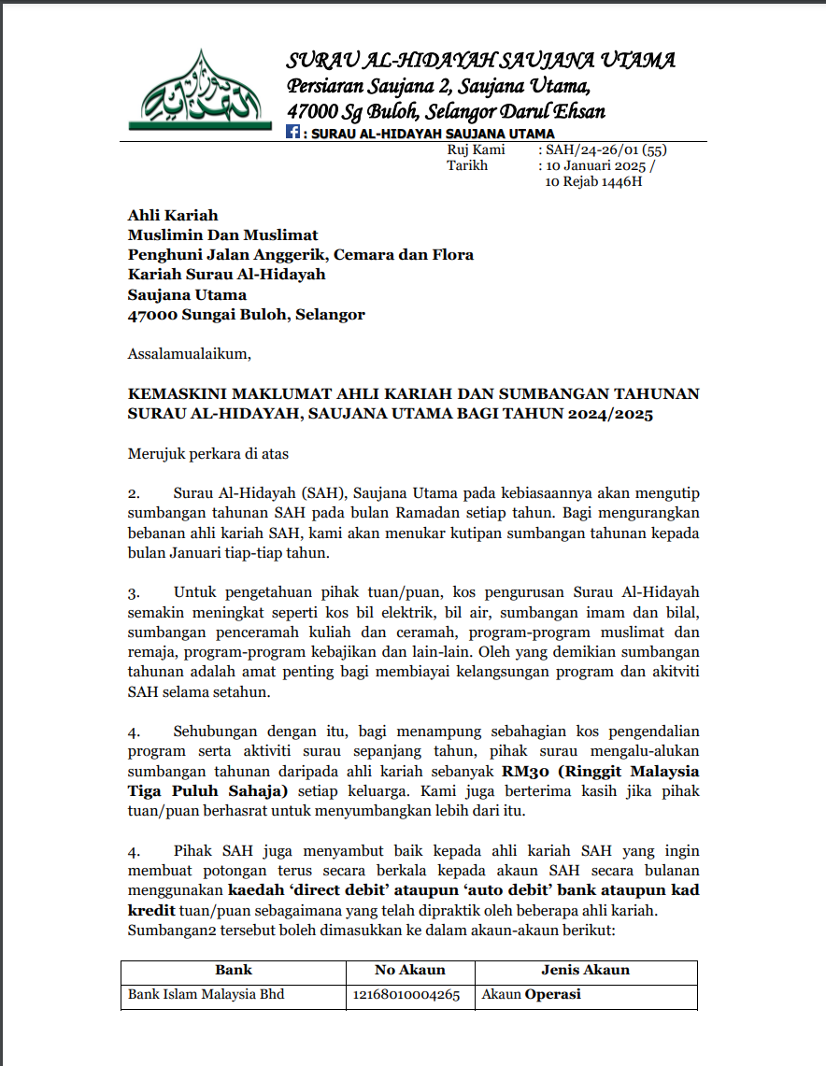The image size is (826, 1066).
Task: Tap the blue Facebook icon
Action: click(x=293, y=134)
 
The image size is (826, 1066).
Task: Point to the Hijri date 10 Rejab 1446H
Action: click(x=593, y=181)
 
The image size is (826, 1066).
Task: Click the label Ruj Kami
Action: click(x=476, y=149)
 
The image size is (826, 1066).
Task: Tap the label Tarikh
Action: click(x=467, y=165)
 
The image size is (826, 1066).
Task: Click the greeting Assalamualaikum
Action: click(x=190, y=354)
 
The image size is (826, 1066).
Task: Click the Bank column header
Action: click(x=234, y=970)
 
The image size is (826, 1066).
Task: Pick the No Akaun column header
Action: click(x=410, y=970)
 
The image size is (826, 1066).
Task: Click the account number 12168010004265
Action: click(x=406, y=995)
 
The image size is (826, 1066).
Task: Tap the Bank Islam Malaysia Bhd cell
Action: click(x=206, y=995)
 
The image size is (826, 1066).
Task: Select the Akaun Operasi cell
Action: click(x=531, y=995)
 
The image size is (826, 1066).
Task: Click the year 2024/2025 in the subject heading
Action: click(x=611, y=414)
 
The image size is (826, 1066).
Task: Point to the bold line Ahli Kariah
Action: click(x=173, y=216)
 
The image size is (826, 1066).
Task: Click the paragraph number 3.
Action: click(x=133, y=592)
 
